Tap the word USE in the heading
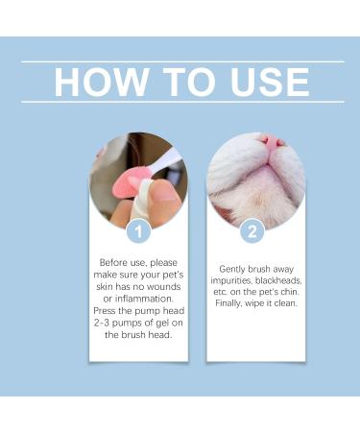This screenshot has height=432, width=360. pos(266,82)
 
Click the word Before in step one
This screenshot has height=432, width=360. pos(113,260)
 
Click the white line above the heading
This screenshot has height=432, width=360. pos(182,61)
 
